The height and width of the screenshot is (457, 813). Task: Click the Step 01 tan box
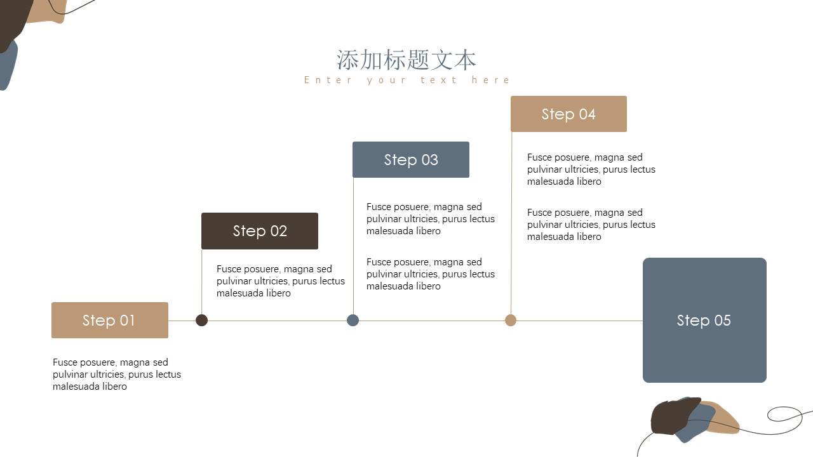[109, 321]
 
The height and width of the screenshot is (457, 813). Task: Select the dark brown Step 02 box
[259, 231]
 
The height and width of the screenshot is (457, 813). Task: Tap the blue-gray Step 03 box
[410, 160]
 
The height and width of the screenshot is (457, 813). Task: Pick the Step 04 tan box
[568, 114]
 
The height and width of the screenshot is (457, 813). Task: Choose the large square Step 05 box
[704, 321]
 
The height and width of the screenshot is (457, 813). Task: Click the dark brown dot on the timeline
[202, 321]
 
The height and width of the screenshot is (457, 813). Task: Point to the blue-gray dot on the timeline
[353, 321]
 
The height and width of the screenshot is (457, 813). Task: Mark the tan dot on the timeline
[511, 321]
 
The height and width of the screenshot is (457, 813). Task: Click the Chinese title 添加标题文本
[406, 60]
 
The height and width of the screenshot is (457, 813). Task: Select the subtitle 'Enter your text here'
[406, 80]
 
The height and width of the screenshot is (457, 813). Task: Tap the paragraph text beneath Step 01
[116, 374]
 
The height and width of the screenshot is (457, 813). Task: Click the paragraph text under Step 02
[280, 281]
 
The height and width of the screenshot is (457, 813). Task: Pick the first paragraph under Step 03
[430, 219]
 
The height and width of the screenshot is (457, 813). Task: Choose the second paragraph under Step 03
[430, 274]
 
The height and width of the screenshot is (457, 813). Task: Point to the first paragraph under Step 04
[591, 169]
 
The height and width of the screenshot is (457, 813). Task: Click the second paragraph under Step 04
[591, 225]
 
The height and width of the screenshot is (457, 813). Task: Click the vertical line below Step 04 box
[511, 222]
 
